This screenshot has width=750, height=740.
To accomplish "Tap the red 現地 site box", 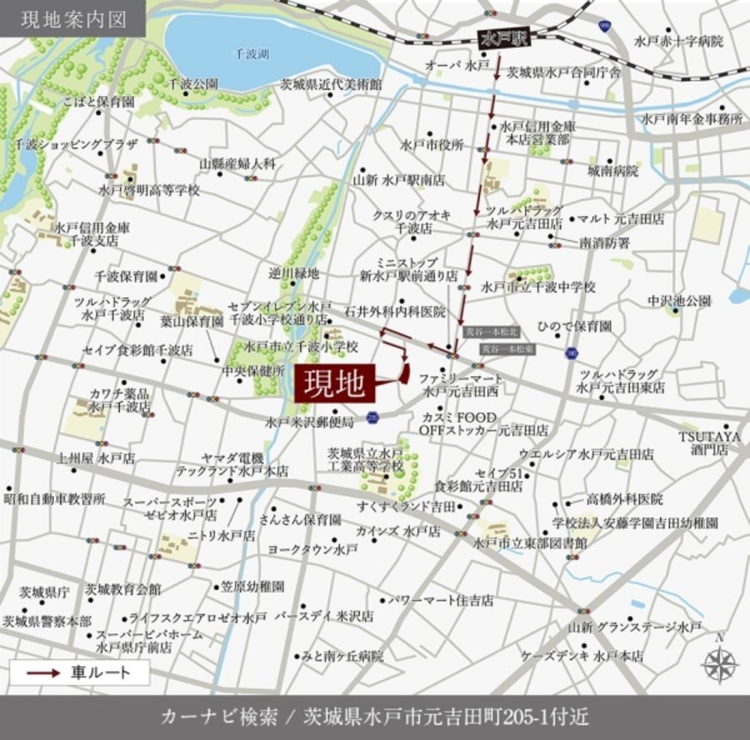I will (332, 384).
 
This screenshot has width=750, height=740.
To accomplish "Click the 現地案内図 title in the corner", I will (73, 18).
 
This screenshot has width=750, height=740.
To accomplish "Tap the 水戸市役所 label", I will (432, 144).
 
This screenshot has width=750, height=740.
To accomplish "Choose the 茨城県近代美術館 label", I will (330, 85).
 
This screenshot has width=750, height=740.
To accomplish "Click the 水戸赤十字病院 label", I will (678, 41).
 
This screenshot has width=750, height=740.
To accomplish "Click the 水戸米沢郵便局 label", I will (309, 422).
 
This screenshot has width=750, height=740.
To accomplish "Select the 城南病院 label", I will (612, 172).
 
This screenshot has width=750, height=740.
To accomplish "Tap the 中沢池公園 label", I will (679, 301).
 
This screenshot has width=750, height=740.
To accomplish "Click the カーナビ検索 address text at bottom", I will (374, 718).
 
